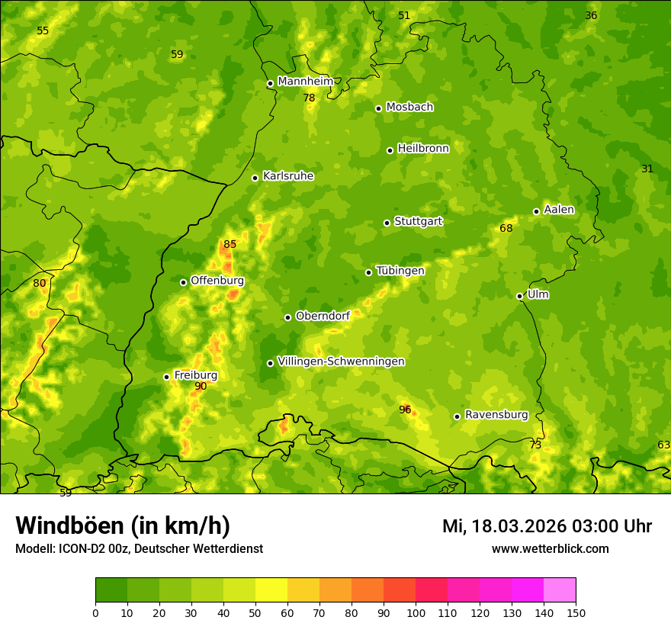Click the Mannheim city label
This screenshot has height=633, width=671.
[306, 82]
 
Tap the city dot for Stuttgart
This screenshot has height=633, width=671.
[387, 223]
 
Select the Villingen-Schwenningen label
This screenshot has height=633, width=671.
[341, 361]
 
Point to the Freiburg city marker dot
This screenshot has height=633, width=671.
[166, 377]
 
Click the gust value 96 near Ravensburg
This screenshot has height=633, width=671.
[405, 410]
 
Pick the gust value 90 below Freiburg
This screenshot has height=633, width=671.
[201, 387]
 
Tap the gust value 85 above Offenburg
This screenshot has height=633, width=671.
[230, 245]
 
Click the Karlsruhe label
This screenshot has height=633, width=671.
[288, 176]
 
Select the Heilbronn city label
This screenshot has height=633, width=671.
[423, 149]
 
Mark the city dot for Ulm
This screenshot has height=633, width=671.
[519, 296]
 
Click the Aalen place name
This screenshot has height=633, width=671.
[559, 210]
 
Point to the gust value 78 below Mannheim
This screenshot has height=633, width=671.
[309, 98]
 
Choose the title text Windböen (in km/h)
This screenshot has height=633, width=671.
[123, 525]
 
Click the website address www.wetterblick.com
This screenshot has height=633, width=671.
[550, 548]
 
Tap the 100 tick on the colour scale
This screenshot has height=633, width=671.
[416, 612]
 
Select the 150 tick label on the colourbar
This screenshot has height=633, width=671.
[576, 612]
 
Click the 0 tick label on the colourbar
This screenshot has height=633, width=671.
[95, 612]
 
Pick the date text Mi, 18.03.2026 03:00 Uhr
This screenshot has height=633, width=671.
[547, 526]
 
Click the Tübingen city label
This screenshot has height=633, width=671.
[400, 271]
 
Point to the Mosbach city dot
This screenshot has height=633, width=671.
[378, 108]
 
